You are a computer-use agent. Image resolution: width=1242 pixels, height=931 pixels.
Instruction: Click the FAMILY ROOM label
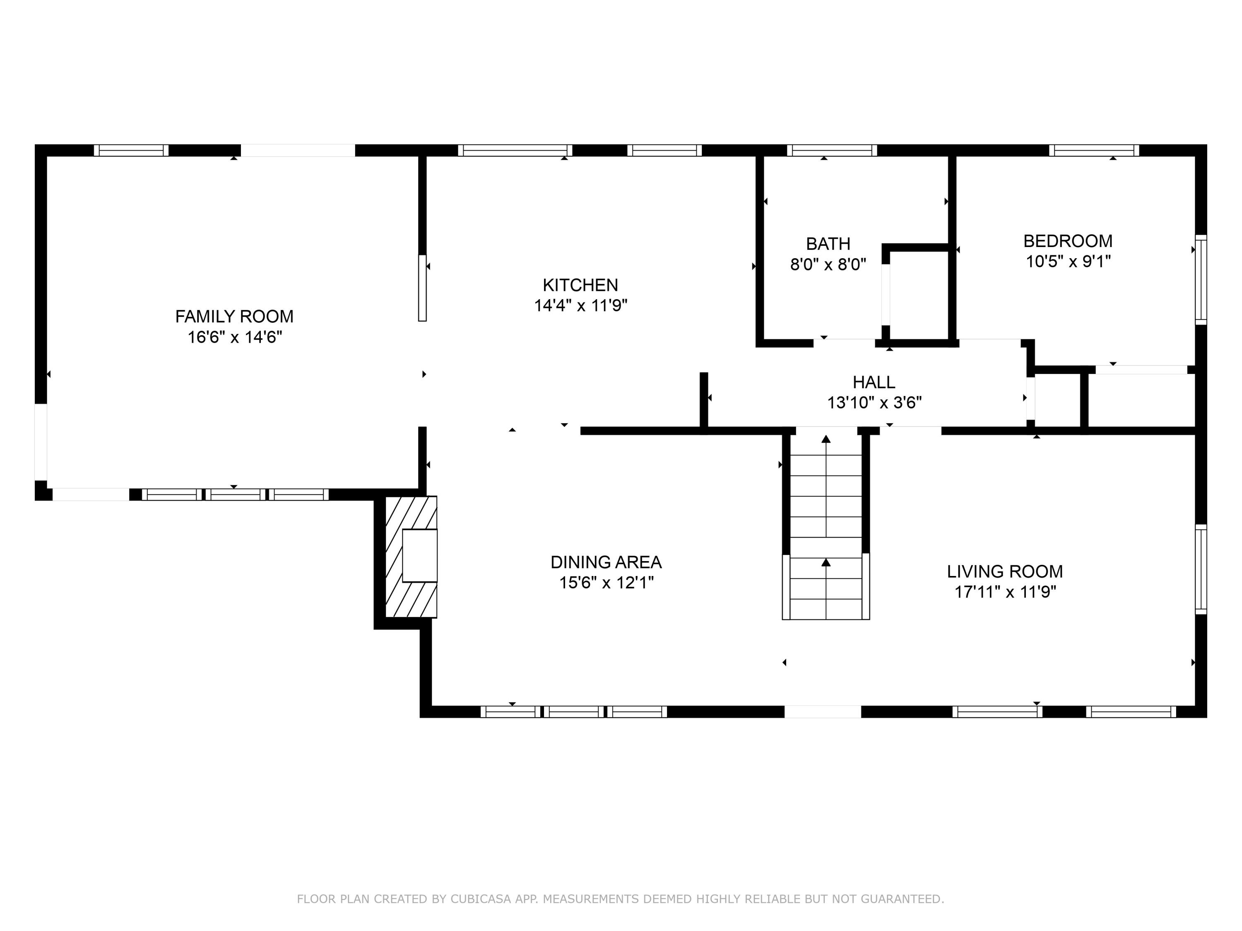pyautogui.click(x=234, y=317)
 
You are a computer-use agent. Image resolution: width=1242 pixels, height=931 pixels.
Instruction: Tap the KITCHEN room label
pyautogui.click(x=580, y=285)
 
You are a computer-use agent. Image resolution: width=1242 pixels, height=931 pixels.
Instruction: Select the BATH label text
pyautogui.click(x=828, y=244)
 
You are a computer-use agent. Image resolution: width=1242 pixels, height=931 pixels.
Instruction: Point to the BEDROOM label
pyautogui.click(x=1068, y=241)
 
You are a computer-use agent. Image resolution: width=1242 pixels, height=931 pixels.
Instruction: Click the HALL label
pyautogui.click(x=874, y=382)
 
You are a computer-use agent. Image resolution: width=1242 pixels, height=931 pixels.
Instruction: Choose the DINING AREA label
pyautogui.click(x=606, y=562)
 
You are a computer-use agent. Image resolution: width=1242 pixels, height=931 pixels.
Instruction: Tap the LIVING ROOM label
pyautogui.click(x=1005, y=572)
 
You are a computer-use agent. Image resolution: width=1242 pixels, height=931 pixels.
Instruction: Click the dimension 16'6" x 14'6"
pyautogui.click(x=235, y=337)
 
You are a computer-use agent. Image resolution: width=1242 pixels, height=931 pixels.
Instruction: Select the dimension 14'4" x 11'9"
pyautogui.click(x=580, y=306)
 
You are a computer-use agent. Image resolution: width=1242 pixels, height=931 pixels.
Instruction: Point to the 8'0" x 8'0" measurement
pyautogui.click(x=828, y=264)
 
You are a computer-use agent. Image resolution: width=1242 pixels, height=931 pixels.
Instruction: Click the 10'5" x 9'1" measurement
pyautogui.click(x=1069, y=262)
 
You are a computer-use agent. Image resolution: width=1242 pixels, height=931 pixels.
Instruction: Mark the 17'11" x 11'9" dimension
pyautogui.click(x=1005, y=592)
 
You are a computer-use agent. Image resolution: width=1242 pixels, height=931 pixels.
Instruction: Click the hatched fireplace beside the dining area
pyautogui.click(x=411, y=557)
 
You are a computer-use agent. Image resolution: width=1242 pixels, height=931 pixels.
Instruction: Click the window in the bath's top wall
pyautogui.click(x=832, y=150)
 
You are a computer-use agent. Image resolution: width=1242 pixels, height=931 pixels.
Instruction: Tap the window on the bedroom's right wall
pyautogui.click(x=1201, y=279)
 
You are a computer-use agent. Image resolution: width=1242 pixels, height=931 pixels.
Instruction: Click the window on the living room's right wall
pyautogui.click(x=1201, y=570)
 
